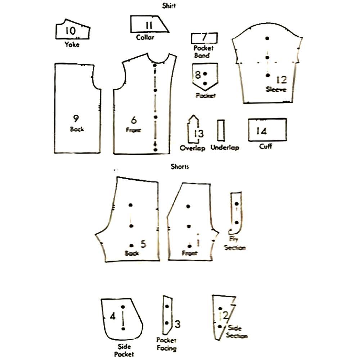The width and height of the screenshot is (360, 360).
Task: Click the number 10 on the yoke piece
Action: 71,31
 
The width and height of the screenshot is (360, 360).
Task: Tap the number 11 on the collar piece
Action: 149,25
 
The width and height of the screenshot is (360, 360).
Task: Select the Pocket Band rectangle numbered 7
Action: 204,37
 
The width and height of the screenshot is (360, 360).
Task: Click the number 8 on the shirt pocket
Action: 198,75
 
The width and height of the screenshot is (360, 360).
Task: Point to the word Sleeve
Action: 276,89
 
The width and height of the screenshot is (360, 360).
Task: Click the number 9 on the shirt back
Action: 76,119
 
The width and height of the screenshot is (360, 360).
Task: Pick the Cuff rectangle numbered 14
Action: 267,130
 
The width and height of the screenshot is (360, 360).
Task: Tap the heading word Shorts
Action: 180,167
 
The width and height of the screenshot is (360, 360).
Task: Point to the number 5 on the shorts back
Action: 143,244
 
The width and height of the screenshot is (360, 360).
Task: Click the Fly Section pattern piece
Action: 236,212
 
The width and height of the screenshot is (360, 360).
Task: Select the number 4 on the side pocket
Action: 113,316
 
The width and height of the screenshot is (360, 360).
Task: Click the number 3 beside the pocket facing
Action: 177,324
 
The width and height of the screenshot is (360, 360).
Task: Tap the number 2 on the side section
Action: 226,316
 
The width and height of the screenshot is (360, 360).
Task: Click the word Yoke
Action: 72,45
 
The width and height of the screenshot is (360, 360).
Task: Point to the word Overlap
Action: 193,148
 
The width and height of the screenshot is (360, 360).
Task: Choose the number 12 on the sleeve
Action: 282,80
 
